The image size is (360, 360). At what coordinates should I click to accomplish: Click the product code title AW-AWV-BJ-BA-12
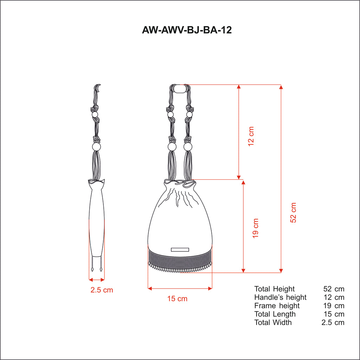coord(187,30)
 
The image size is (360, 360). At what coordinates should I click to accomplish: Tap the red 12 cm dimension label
coord(251,136)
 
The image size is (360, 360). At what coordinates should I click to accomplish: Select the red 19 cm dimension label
coord(255,228)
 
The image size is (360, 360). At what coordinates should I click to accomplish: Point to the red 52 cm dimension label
coord(293,213)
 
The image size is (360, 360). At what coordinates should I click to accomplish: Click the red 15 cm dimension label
coord(177,299)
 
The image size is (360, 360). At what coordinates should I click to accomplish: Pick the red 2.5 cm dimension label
coord(102,290)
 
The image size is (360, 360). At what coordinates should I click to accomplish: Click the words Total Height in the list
coord(274,289)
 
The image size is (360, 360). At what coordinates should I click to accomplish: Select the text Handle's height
coord(280,297)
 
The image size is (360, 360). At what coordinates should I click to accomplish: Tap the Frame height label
coord(277,306)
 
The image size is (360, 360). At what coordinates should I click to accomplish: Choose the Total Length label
coord(275,314)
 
